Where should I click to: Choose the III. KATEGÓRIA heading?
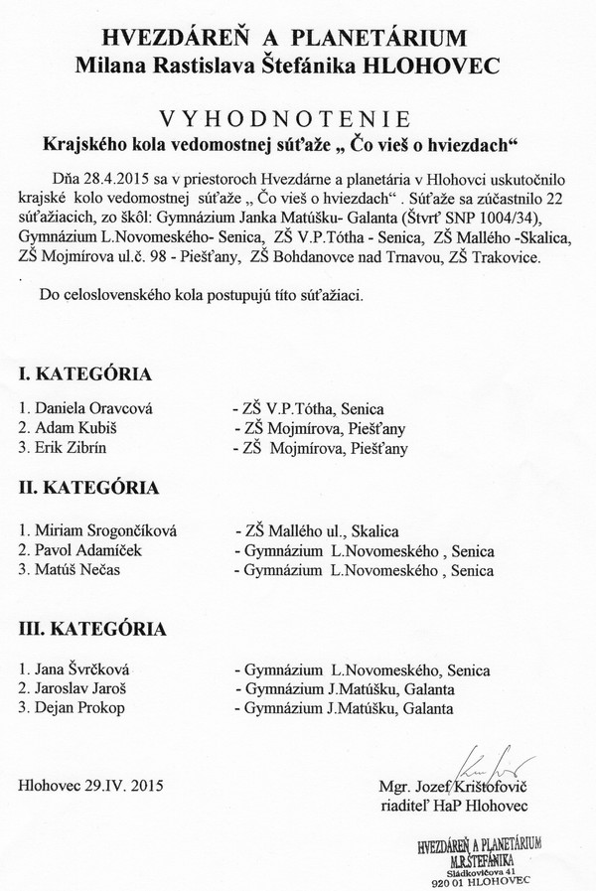(x=93, y=628)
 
